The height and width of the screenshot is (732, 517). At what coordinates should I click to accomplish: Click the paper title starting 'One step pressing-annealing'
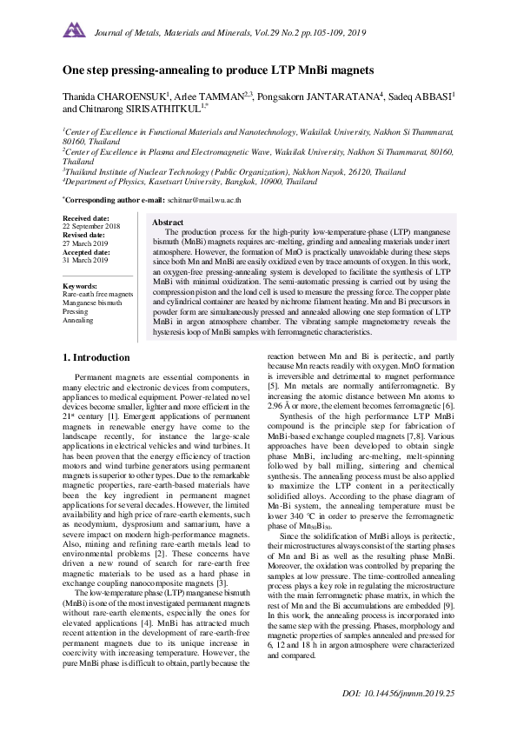tap(217, 69)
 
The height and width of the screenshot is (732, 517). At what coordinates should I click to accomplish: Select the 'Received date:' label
tap(86, 217)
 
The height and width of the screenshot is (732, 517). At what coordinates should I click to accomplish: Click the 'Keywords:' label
tap(81, 286)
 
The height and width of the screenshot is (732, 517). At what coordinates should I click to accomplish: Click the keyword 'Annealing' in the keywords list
tap(78, 320)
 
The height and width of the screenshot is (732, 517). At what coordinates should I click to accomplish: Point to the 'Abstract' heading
tap(168, 223)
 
